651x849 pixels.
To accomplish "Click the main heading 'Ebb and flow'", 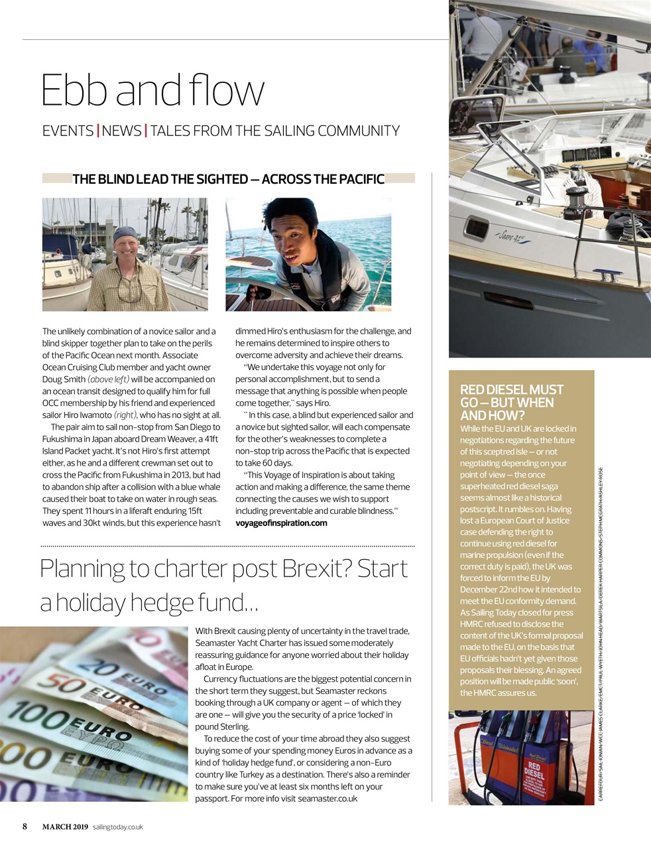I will click(x=152, y=90).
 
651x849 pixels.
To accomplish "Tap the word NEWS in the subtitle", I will click(x=122, y=131).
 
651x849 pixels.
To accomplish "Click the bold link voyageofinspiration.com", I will click(x=281, y=523).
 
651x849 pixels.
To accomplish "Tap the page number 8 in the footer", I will click(x=25, y=826).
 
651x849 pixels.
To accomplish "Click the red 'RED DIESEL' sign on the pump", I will click(x=534, y=770).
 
